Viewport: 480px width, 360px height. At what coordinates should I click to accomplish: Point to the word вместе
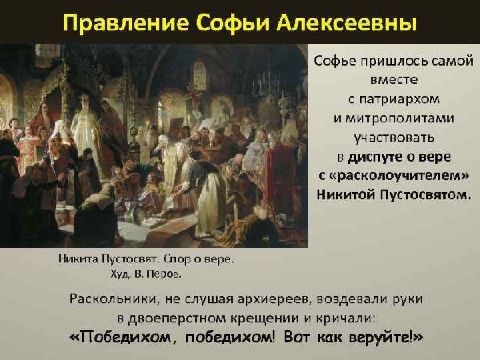pyautogui.click(x=392, y=80)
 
